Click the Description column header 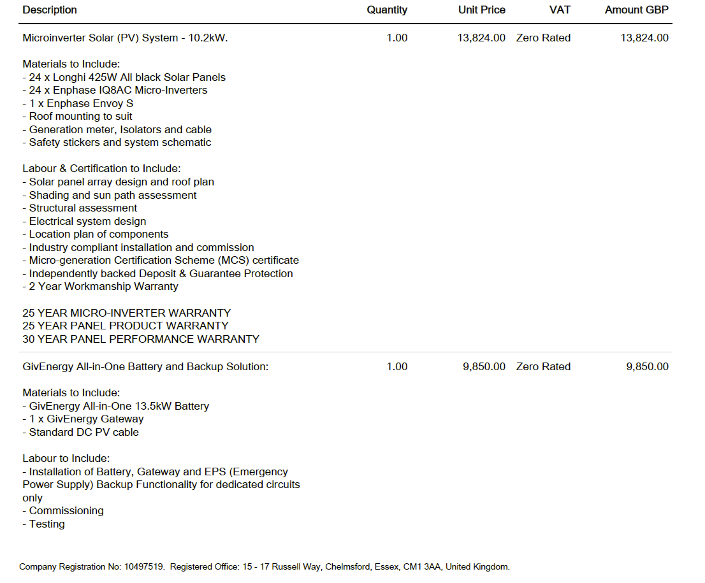click(x=50, y=10)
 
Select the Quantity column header click(x=386, y=10)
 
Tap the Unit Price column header click(x=481, y=10)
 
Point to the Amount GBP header click(x=636, y=10)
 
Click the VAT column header click(x=560, y=10)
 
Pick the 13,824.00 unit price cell click(x=481, y=38)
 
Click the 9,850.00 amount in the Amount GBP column click(x=647, y=367)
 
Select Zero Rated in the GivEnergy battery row click(x=543, y=367)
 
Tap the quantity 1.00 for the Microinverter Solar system click(x=396, y=38)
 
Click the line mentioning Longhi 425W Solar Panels click(x=124, y=77)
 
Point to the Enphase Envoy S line click(x=78, y=103)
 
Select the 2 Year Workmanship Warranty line click(x=100, y=287)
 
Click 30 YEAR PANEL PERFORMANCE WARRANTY click(x=141, y=339)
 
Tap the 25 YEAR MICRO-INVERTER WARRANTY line click(x=126, y=313)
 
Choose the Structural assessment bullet click(x=80, y=208)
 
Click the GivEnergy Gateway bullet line click(x=83, y=419)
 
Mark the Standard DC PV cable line click(x=80, y=432)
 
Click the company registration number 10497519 click(x=145, y=566)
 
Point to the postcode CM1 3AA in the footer click(x=421, y=566)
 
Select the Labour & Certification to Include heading click(x=101, y=169)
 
